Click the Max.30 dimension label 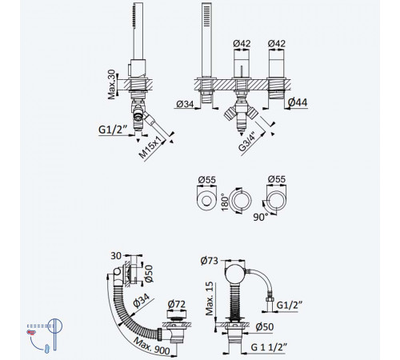pos(112,84)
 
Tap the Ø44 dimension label pos(298,102)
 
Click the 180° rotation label pos(225,202)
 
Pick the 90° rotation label pos(261,218)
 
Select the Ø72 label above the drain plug pos(177,304)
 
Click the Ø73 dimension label pos(210,261)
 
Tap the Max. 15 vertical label pos(210,298)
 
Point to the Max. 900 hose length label pos(152,346)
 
